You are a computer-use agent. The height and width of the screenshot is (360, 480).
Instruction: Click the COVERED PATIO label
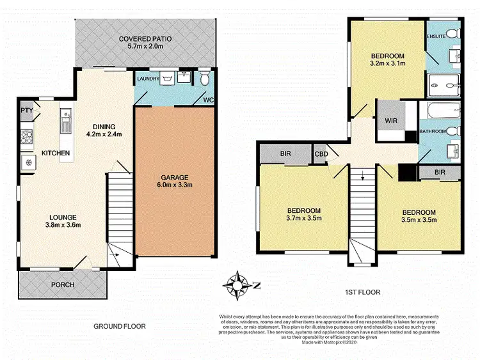[x=144, y=43]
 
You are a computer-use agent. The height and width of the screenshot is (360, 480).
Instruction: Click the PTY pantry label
[x=26, y=110]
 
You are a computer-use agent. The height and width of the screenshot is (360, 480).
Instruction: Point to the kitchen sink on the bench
[x=65, y=117]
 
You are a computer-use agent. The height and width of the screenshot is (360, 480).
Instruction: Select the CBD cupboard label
[x=321, y=153]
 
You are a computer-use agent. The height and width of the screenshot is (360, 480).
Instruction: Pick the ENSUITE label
[x=436, y=36]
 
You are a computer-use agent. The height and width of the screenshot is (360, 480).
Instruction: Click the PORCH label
[x=63, y=285]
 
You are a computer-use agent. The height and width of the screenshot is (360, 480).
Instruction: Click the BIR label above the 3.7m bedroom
[x=285, y=154]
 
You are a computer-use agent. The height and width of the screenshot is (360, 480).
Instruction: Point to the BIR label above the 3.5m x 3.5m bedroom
[x=439, y=172]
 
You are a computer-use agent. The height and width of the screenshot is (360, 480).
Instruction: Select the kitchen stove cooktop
[x=27, y=136]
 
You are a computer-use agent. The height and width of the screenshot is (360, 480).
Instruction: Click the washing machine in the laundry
[x=168, y=79]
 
